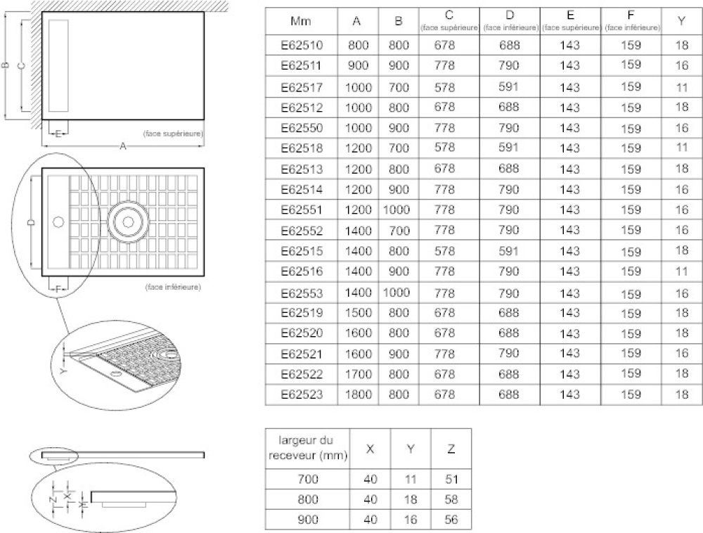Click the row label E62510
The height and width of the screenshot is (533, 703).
tap(301, 46)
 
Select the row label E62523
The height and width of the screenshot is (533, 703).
tap(301, 395)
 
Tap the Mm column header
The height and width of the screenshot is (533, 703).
tap(301, 21)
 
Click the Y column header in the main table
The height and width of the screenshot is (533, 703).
tap(681, 21)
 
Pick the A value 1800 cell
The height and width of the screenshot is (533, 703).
tap(358, 395)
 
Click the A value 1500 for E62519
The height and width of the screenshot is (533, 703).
tap(358, 312)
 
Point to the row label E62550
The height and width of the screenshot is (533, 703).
tap(301, 129)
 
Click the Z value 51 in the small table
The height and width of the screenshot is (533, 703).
tap(450, 480)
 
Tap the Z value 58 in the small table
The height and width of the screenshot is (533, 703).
tap(450, 500)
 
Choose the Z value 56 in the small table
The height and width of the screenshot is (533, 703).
tap(450, 520)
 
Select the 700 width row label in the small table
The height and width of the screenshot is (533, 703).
tap(308, 480)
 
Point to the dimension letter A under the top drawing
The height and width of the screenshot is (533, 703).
tap(123, 146)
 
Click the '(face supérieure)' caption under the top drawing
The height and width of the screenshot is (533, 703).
tap(172, 133)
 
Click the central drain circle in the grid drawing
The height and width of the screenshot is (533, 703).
tap(128, 221)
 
